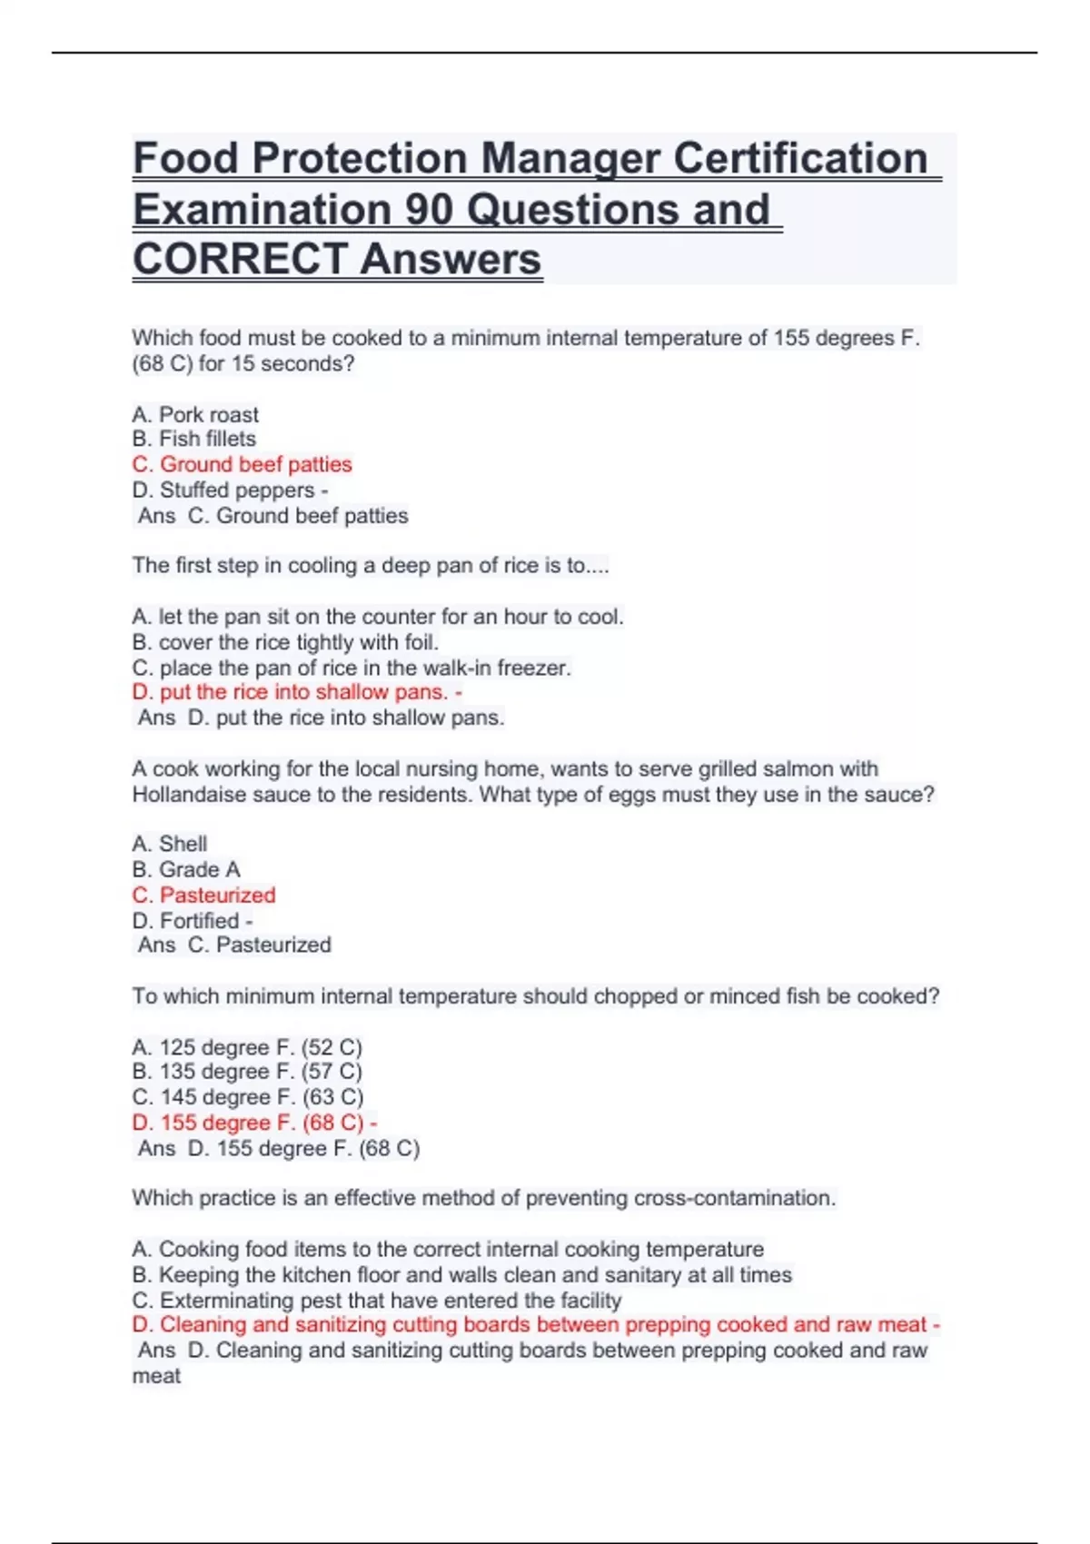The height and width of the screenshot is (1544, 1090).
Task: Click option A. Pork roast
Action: click(x=195, y=415)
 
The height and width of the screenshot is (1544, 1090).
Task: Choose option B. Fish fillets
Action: click(x=194, y=439)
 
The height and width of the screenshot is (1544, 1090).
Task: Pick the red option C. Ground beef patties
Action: click(x=242, y=464)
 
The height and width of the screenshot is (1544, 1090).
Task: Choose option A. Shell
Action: click(x=170, y=844)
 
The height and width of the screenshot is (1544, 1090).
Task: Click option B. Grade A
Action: click(x=186, y=869)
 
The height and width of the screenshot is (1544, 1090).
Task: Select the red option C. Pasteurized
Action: click(x=203, y=895)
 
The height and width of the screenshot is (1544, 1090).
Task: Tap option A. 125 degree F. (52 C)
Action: click(x=247, y=1047)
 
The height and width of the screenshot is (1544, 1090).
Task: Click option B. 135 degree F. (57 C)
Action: click(x=247, y=1072)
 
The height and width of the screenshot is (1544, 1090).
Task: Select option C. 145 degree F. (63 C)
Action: click(x=247, y=1097)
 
